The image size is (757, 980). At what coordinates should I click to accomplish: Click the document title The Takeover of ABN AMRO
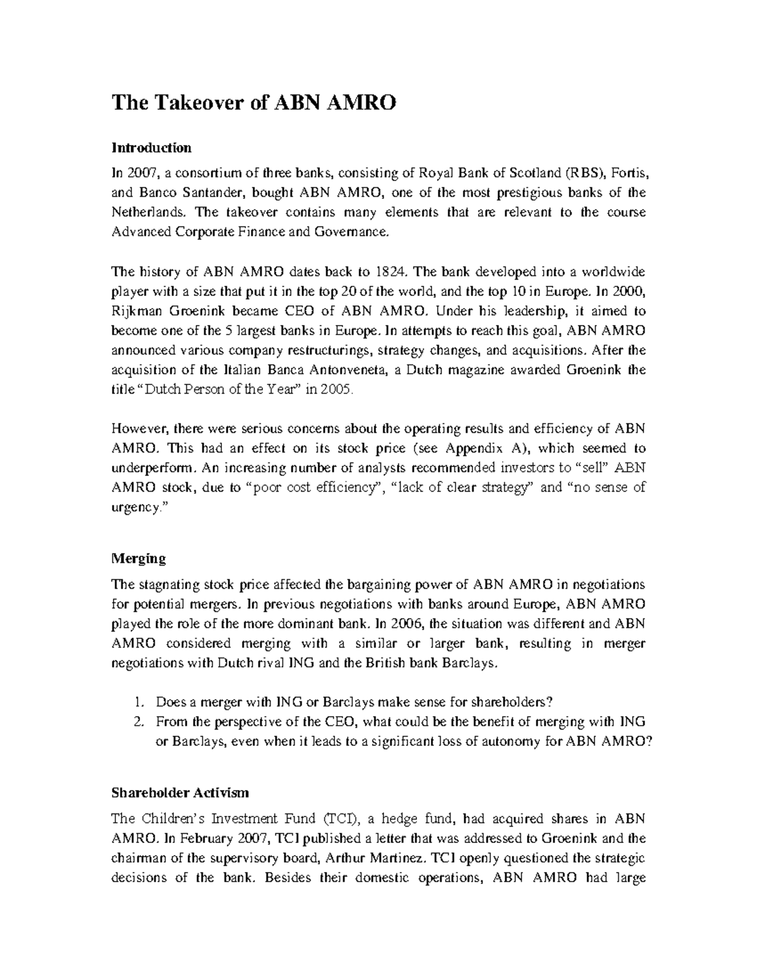coord(254,103)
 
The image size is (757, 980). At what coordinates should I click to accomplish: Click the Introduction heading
coord(151,148)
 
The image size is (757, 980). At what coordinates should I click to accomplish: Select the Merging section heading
coord(138,558)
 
